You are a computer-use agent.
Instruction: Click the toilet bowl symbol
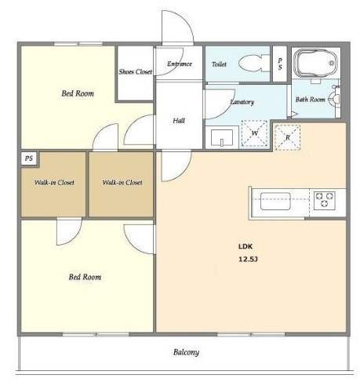pyautogui.click(x=254, y=63)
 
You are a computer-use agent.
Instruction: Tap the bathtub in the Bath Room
pyautogui.click(x=315, y=63)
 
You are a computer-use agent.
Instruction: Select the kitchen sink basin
pyautogui.click(x=275, y=201)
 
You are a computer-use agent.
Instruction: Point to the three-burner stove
pyautogui.click(x=325, y=200)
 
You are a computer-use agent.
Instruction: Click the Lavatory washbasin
pyautogui.click(x=222, y=138)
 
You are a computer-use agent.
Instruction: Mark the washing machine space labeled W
pyautogui.click(x=254, y=133)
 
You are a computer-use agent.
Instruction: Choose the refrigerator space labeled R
pyautogui.click(x=287, y=137)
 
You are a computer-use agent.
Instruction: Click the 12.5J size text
pyautogui.click(x=248, y=260)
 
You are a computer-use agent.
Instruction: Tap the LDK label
pyautogui.click(x=245, y=246)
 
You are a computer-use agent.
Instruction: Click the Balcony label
pyautogui.click(x=186, y=352)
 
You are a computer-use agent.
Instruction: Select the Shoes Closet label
pyautogui.click(x=135, y=71)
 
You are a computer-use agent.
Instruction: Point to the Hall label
pyautogui.click(x=179, y=121)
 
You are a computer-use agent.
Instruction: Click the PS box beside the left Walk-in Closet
pyautogui.click(x=29, y=158)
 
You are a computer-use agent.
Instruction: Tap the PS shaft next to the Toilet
pyautogui.click(x=280, y=64)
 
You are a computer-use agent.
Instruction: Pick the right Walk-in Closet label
pyautogui.click(x=122, y=183)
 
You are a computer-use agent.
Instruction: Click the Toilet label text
pyautogui.click(x=219, y=64)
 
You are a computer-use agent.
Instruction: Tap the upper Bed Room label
pyautogui.click(x=78, y=93)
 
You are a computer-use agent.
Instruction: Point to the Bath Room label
pyautogui.click(x=310, y=100)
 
